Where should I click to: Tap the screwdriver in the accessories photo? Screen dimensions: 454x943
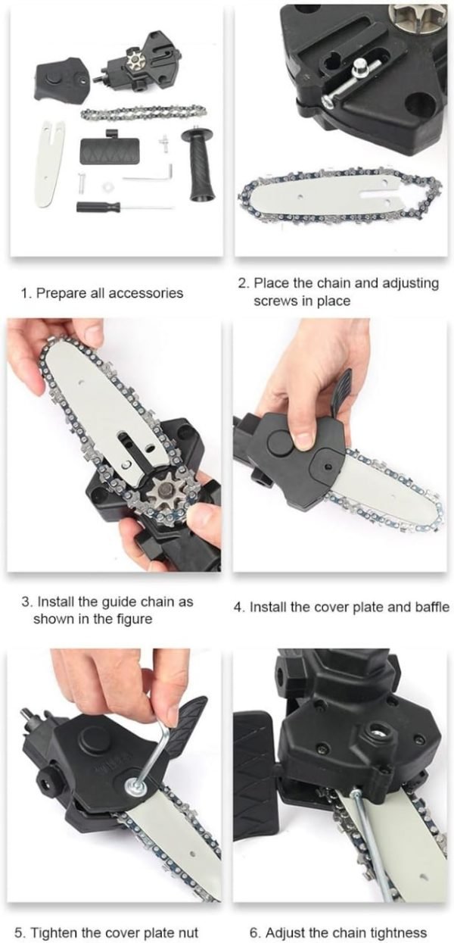[125, 207]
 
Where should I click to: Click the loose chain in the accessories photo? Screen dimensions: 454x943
[144, 112]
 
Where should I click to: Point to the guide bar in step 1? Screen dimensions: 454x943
[52, 164]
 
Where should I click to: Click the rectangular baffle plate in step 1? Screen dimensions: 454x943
[109, 150]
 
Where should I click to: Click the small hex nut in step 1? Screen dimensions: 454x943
[107, 185]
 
